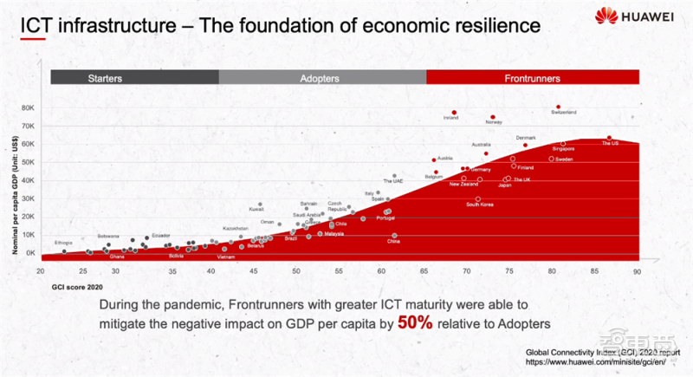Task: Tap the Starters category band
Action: pyautogui.click(x=134, y=78)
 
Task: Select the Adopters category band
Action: pyautogui.click(x=322, y=78)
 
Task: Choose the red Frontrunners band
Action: pyautogui.click(x=532, y=78)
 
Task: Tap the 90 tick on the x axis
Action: pyautogui.click(x=637, y=271)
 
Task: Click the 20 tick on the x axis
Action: pyautogui.click(x=41, y=271)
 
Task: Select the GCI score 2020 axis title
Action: pyautogui.click(x=77, y=284)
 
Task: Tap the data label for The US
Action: pyautogui.click(x=610, y=143)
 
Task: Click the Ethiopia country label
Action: pyautogui.click(x=63, y=242)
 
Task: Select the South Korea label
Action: pyautogui.click(x=479, y=204)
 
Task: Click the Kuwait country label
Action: pyautogui.click(x=256, y=209)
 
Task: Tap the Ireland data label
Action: pyautogui.click(x=450, y=118)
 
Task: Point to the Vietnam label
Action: pyautogui.click(x=226, y=257)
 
